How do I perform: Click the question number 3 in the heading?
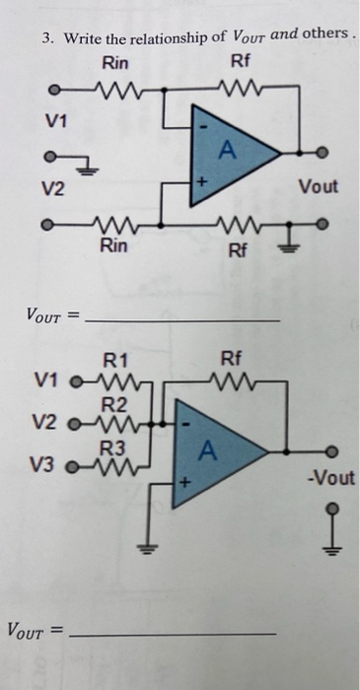(45, 39)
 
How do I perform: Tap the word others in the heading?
(324, 36)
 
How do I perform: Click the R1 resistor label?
(115, 360)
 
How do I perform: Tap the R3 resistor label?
(115, 447)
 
